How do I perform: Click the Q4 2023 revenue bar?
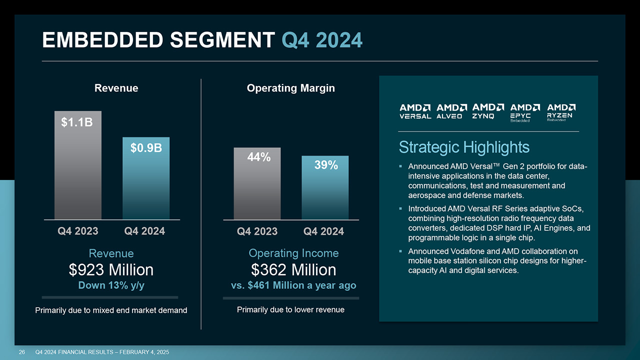click(x=78, y=170)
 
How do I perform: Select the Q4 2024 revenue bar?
click(x=146, y=182)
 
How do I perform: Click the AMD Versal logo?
click(x=415, y=111)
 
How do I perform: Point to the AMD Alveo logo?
click(x=452, y=111)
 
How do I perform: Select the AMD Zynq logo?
click(x=488, y=111)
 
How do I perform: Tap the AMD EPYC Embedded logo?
click(x=525, y=113)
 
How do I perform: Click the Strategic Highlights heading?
click(x=464, y=147)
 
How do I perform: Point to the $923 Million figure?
click(x=111, y=270)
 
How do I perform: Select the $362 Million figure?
click(x=293, y=270)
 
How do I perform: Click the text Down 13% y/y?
click(x=111, y=285)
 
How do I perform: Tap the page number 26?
click(x=22, y=352)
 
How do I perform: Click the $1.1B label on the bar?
click(x=77, y=122)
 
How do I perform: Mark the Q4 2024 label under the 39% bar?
click(x=324, y=231)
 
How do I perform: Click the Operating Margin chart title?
click(x=290, y=88)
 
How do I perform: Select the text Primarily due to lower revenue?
click(x=290, y=310)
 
